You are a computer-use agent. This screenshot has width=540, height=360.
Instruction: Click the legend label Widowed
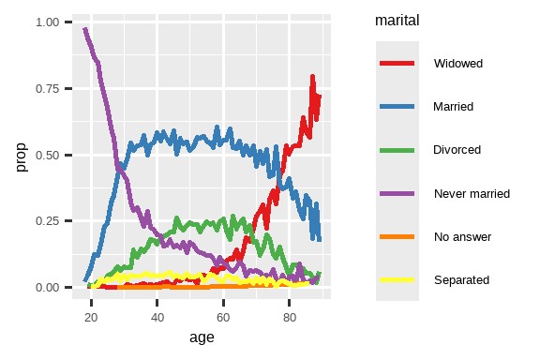coord(457,64)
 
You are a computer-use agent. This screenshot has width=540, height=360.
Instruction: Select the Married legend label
coord(453,107)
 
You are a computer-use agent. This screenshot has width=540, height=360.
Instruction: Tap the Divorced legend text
coord(457,150)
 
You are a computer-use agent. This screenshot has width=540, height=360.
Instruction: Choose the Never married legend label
coord(472,193)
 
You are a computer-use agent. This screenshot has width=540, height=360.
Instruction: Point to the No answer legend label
coord(457,236)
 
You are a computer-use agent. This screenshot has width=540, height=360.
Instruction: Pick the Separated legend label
coord(461,279)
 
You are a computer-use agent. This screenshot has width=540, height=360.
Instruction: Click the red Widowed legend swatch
coord(397,64)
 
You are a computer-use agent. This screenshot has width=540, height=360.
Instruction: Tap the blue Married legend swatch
coord(397,107)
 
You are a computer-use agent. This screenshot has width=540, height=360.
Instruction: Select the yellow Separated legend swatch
coord(397,279)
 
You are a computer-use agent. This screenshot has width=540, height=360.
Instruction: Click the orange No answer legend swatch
coord(397,236)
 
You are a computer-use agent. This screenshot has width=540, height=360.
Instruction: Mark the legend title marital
coord(396,19)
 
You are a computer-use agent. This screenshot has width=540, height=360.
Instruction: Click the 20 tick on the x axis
coord(91,317)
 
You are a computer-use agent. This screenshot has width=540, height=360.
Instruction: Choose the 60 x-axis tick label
coord(223,317)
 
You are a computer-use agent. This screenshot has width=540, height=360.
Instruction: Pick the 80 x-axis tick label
coord(290,317)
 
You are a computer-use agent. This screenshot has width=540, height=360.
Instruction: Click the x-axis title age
coord(201,337)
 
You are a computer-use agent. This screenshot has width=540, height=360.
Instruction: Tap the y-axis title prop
coord(20,155)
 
